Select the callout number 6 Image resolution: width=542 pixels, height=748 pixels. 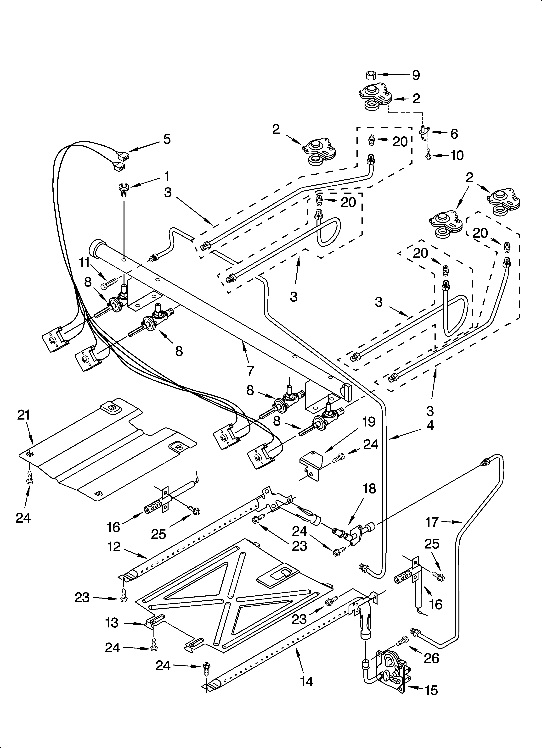point(454,134)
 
